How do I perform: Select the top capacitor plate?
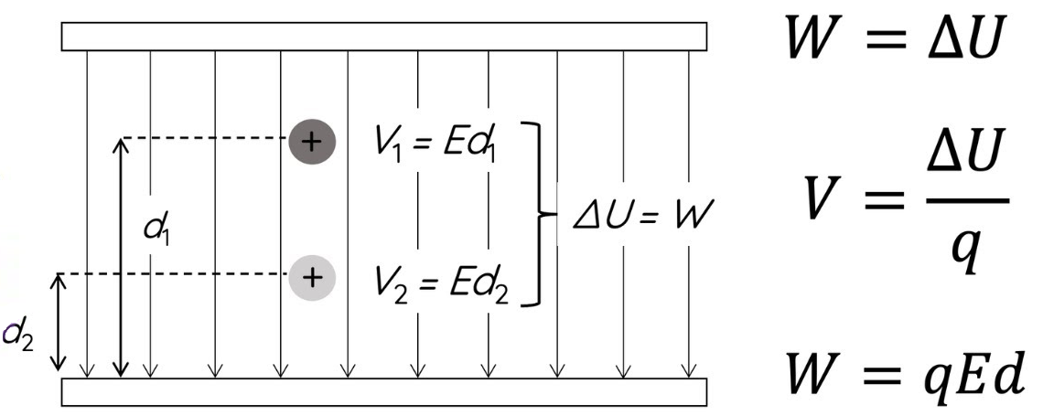pos(383,37)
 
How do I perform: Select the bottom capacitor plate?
pos(383,390)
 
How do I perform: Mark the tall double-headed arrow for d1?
pos(120,256)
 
